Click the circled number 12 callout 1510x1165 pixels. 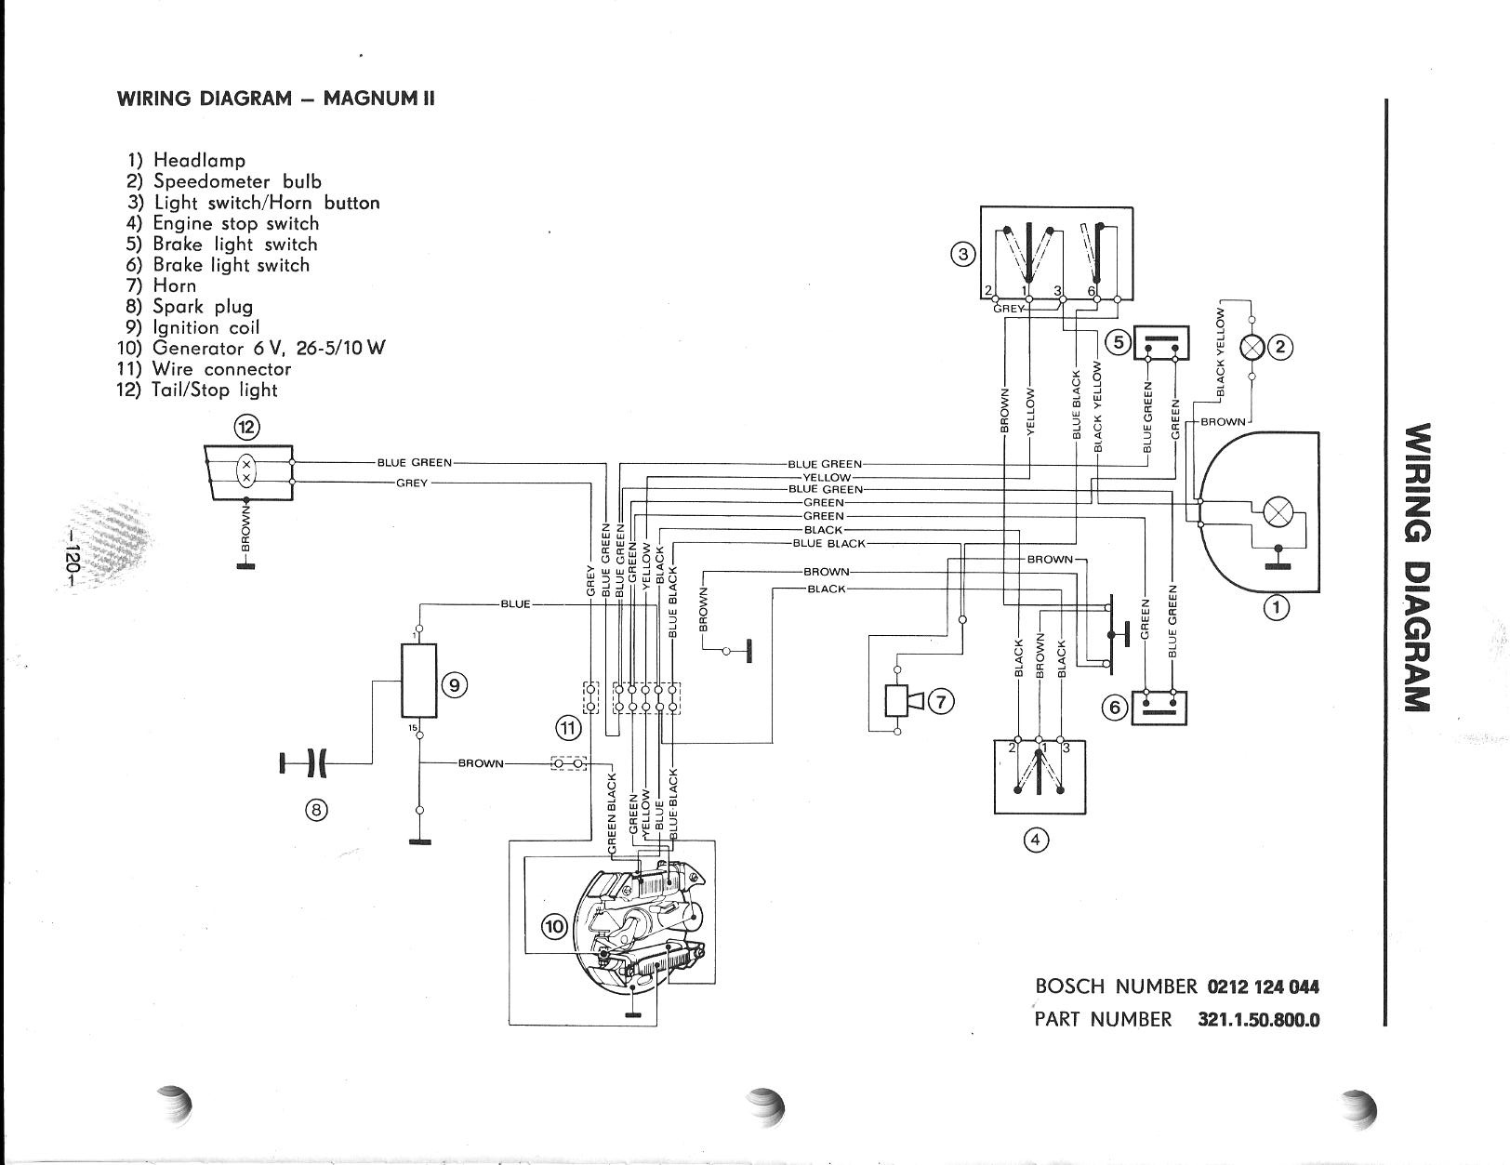pyautogui.click(x=246, y=427)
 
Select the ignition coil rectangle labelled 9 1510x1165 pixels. pyautogui.click(x=419, y=680)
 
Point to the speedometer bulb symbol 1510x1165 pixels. pyautogui.click(x=1252, y=348)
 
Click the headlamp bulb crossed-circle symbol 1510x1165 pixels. pyautogui.click(x=1277, y=512)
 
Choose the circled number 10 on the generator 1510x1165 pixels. pyautogui.click(x=554, y=927)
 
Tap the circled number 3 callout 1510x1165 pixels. pyautogui.click(x=963, y=254)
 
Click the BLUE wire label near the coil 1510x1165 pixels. pyautogui.click(x=516, y=604)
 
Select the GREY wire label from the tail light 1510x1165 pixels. pyautogui.click(x=411, y=483)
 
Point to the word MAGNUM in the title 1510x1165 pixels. pyautogui.click(x=369, y=99)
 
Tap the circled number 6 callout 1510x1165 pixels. pyautogui.click(x=1116, y=708)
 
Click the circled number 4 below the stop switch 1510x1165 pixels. pyautogui.click(x=1036, y=840)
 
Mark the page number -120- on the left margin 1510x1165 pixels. pyautogui.click(x=73, y=559)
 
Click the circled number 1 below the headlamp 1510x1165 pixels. pyautogui.click(x=1276, y=608)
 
